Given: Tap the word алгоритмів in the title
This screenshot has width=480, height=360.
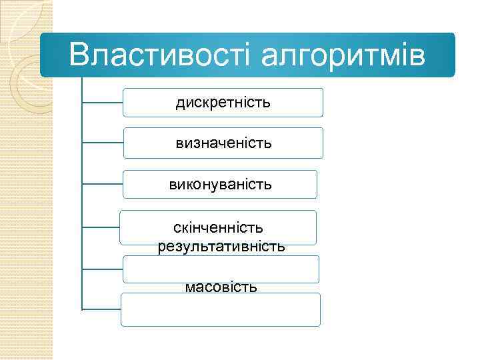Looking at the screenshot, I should [343, 56].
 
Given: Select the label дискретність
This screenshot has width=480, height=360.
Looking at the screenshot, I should [223, 103].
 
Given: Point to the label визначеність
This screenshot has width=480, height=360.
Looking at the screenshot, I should [223, 143].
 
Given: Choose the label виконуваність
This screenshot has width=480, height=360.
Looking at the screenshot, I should [220, 183].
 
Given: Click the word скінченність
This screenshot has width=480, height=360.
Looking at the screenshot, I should [218, 228].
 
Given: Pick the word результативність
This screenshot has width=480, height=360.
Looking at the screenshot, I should [221, 246].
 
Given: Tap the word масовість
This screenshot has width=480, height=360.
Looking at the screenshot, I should [221, 287].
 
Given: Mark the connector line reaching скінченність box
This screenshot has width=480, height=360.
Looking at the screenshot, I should [101, 227].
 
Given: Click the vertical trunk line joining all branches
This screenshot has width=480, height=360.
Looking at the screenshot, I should [81, 200].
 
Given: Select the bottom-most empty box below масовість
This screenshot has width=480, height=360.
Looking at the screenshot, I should [220, 311].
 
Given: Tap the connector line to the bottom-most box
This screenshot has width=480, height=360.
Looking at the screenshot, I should [101, 309].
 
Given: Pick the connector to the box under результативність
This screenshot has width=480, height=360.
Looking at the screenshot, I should [102, 269].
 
